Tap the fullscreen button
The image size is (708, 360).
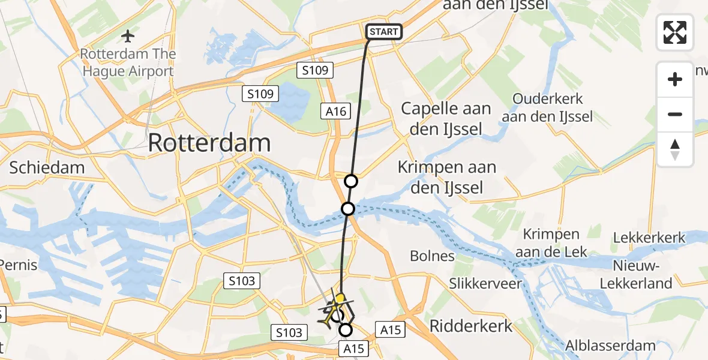675,32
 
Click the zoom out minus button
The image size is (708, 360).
675,114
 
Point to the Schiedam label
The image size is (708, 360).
47,167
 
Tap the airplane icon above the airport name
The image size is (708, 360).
127,36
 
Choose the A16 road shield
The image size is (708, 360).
337,110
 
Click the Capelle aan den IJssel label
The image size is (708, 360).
446,118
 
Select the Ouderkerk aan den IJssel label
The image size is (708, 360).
547,107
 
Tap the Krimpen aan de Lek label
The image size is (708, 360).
551,243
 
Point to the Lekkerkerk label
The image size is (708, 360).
649,238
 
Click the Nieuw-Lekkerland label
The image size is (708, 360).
643,274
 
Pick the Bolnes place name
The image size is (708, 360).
432,256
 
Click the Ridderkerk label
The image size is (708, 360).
471,326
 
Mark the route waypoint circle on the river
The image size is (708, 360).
348,209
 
